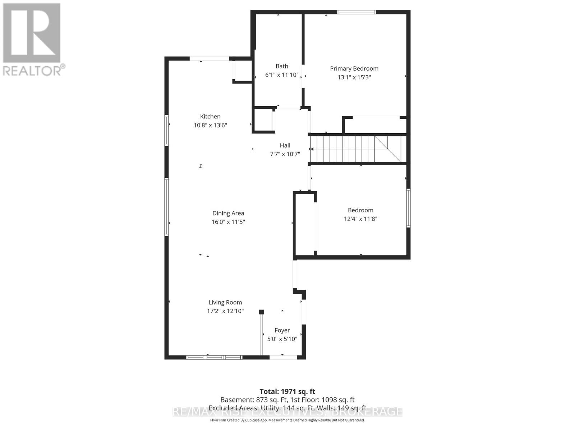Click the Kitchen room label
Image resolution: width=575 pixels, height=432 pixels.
click(210, 116)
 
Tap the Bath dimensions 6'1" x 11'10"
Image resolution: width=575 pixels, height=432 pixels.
click(282, 75)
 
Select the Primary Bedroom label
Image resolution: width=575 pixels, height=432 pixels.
click(354, 68)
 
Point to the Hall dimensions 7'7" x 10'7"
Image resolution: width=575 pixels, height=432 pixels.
click(285, 154)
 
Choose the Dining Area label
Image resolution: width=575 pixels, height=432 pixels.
click(228, 213)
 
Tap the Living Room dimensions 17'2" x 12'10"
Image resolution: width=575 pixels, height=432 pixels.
click(225, 311)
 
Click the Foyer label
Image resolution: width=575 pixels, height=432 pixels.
click(282, 330)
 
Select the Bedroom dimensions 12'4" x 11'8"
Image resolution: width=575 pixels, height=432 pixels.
click(360, 219)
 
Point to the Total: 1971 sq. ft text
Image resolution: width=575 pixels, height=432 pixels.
click(287, 391)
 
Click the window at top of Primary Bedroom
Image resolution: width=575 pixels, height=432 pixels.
click(356, 12)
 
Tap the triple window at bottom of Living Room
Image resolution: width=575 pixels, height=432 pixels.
click(214, 357)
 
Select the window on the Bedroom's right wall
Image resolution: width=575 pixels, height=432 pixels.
click(409, 208)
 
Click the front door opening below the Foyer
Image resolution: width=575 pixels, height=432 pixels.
click(283, 357)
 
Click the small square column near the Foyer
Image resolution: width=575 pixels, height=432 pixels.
click(261, 312)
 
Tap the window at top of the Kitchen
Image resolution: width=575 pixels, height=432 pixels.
click(209, 59)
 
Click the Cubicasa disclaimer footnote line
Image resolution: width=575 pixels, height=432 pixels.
click(287, 420)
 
